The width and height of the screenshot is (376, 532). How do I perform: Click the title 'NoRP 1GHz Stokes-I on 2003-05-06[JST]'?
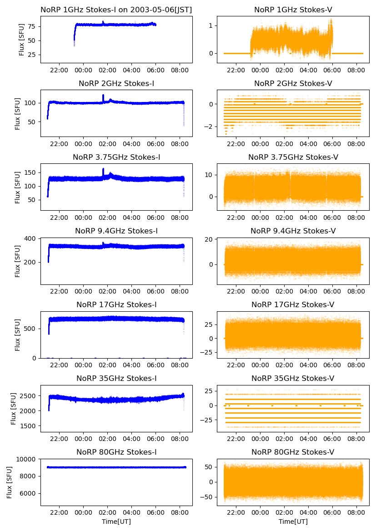pos(116,10)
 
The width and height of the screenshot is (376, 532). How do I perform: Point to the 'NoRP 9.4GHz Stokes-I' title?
pos(116,231)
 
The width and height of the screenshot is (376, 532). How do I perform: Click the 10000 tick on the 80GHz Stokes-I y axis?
pos(29,459)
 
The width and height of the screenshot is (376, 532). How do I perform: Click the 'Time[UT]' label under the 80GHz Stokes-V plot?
pos(293,521)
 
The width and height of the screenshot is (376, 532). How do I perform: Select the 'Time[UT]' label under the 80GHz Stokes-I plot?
pos(116,521)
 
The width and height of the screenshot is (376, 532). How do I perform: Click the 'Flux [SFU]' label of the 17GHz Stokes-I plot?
pos(18,335)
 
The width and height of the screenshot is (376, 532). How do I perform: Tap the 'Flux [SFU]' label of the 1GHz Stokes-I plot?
pos(21,40)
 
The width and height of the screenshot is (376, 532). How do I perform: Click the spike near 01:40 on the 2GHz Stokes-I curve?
pos(103,96)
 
